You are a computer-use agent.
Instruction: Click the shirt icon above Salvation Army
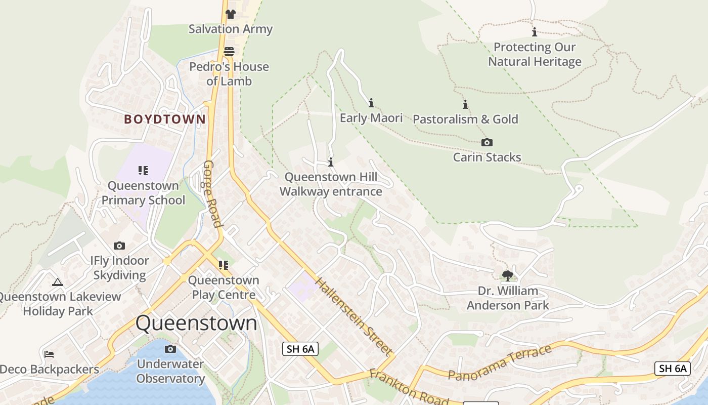click(231, 14)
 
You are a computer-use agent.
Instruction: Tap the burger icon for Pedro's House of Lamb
click(229, 52)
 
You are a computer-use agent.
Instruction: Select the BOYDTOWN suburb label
click(165, 119)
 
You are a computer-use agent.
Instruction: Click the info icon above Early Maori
click(371, 103)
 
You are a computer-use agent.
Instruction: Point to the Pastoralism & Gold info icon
click(465, 105)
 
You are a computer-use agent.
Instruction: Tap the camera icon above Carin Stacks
click(487, 143)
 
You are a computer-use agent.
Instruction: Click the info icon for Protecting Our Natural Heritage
click(535, 32)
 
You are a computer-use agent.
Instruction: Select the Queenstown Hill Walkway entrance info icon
click(331, 163)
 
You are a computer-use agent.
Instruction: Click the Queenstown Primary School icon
click(143, 171)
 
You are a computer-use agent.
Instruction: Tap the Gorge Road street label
click(213, 194)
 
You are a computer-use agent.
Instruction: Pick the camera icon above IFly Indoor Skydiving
click(119, 246)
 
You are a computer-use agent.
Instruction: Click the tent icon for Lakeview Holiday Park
click(58, 282)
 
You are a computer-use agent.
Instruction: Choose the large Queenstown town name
click(196, 323)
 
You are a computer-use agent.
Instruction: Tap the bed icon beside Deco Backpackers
click(49, 354)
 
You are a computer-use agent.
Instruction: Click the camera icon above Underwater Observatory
click(170, 349)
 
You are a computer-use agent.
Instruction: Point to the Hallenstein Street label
click(353, 316)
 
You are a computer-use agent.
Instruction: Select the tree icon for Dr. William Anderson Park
click(508, 276)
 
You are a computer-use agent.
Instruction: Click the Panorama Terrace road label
click(500, 362)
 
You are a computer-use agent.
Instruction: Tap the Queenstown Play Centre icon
click(223, 265)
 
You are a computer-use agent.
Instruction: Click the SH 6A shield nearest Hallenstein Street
click(300, 348)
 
